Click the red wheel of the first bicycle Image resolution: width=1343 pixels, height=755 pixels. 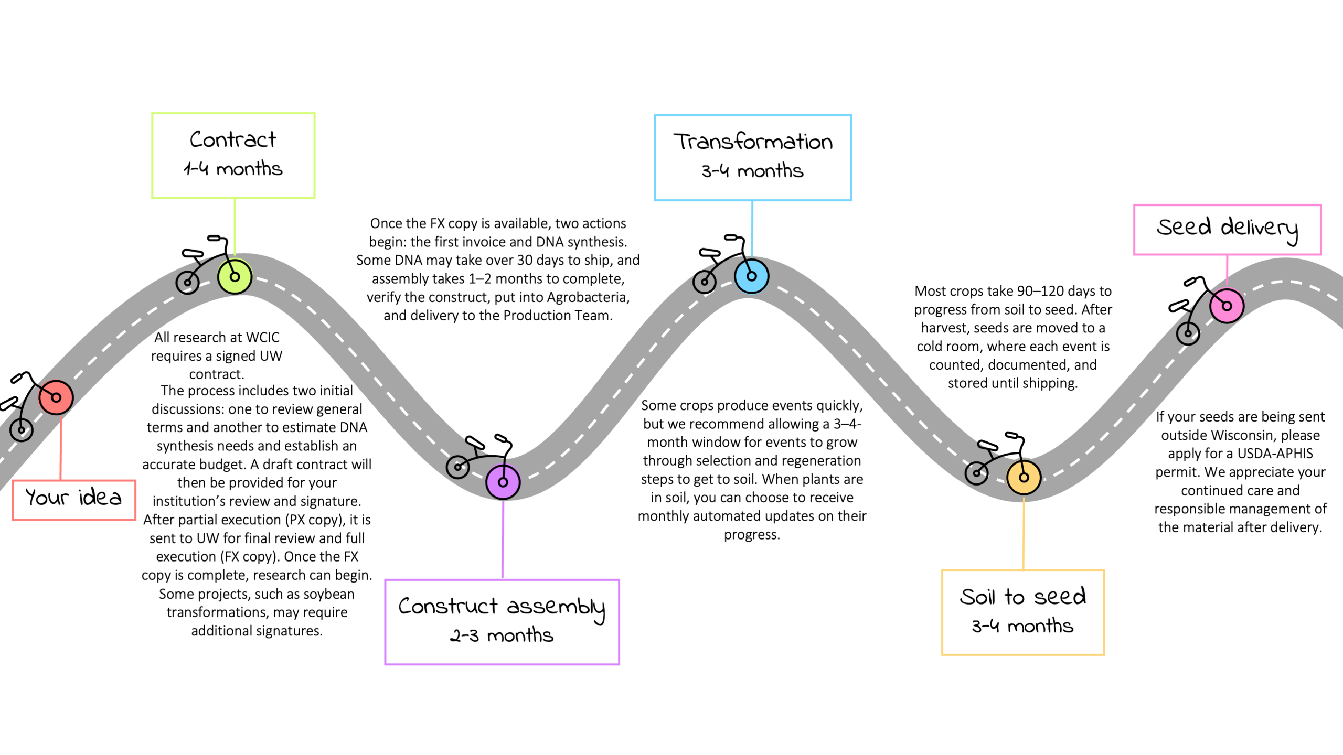(56, 397)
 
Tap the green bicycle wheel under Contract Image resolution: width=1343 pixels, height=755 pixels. (235, 276)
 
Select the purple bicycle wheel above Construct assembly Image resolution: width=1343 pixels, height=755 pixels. (503, 482)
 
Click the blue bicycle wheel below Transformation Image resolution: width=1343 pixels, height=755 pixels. (751, 276)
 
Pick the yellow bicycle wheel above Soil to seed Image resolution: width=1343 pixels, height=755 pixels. (1024, 477)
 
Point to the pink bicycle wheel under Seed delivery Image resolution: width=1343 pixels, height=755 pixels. (1227, 306)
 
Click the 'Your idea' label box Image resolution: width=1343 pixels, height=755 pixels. (74, 499)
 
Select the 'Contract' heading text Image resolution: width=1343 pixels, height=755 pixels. (232, 140)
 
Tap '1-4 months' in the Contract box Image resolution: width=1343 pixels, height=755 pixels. (232, 169)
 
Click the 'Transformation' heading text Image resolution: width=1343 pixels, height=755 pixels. (753, 142)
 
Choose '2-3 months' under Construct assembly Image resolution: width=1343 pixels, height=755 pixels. (502, 635)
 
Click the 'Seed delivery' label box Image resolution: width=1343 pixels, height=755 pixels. (1227, 229)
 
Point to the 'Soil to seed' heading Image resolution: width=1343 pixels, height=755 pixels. (1022, 597)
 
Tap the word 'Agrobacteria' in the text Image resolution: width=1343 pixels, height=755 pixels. (588, 297)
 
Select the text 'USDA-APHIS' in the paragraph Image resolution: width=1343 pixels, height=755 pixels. (1273, 454)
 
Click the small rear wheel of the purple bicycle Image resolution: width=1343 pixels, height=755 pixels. (457, 467)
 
